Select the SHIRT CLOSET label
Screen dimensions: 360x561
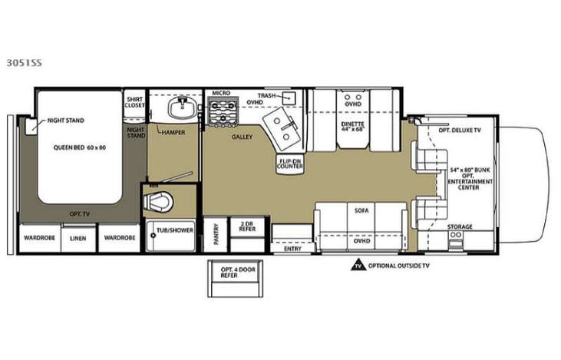(x=135, y=102)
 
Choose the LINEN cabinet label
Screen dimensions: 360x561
(x=78, y=238)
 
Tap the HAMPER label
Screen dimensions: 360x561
(x=174, y=132)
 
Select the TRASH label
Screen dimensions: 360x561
(x=266, y=96)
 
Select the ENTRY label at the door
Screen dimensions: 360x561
(x=292, y=248)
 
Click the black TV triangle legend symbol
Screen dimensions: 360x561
(x=358, y=267)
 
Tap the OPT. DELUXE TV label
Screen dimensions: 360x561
(x=460, y=130)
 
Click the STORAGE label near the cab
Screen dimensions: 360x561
(x=460, y=227)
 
